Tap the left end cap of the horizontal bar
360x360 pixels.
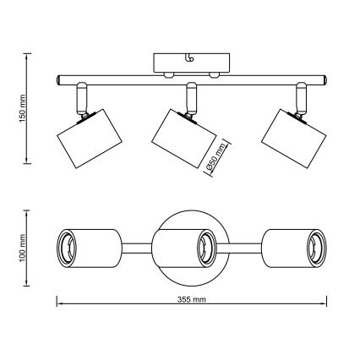click(x=57, y=79)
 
